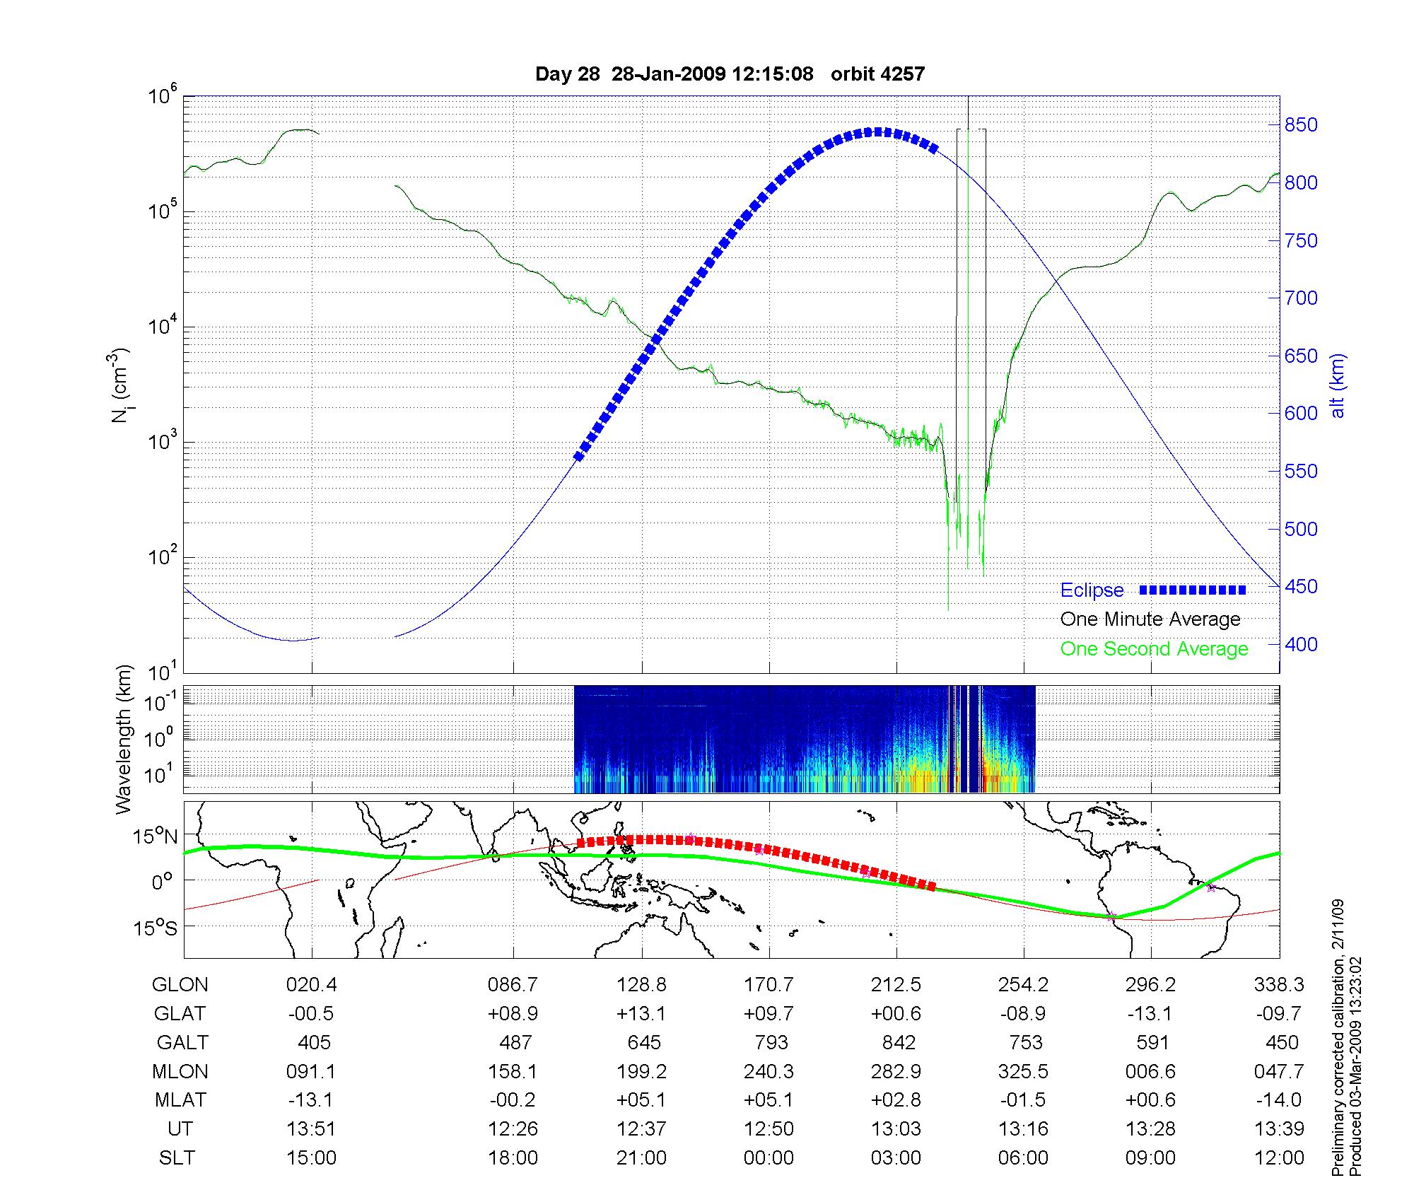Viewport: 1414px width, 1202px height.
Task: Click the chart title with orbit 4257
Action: (730, 74)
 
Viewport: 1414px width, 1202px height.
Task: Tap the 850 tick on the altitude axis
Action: (1301, 125)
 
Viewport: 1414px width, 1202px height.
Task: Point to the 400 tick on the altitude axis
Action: (1301, 644)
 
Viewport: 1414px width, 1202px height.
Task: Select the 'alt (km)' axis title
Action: (1338, 385)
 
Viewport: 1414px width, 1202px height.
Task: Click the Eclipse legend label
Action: (1092, 590)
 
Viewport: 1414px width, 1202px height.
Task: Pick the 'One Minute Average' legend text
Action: (1150, 619)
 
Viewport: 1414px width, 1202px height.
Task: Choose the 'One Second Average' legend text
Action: (1154, 649)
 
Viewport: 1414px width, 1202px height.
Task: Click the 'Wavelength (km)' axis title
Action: (124, 739)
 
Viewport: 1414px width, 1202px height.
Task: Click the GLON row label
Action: (180, 985)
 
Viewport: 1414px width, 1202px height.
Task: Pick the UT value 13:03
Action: (896, 1129)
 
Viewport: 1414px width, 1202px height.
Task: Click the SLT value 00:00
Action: (769, 1158)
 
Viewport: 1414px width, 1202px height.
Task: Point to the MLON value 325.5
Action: (1023, 1072)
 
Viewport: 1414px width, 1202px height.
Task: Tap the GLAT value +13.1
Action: (641, 1014)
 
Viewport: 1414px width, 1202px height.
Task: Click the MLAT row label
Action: (180, 1100)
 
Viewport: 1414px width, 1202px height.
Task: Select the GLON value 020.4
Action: (311, 985)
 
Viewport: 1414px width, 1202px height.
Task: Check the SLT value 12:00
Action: (1279, 1158)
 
